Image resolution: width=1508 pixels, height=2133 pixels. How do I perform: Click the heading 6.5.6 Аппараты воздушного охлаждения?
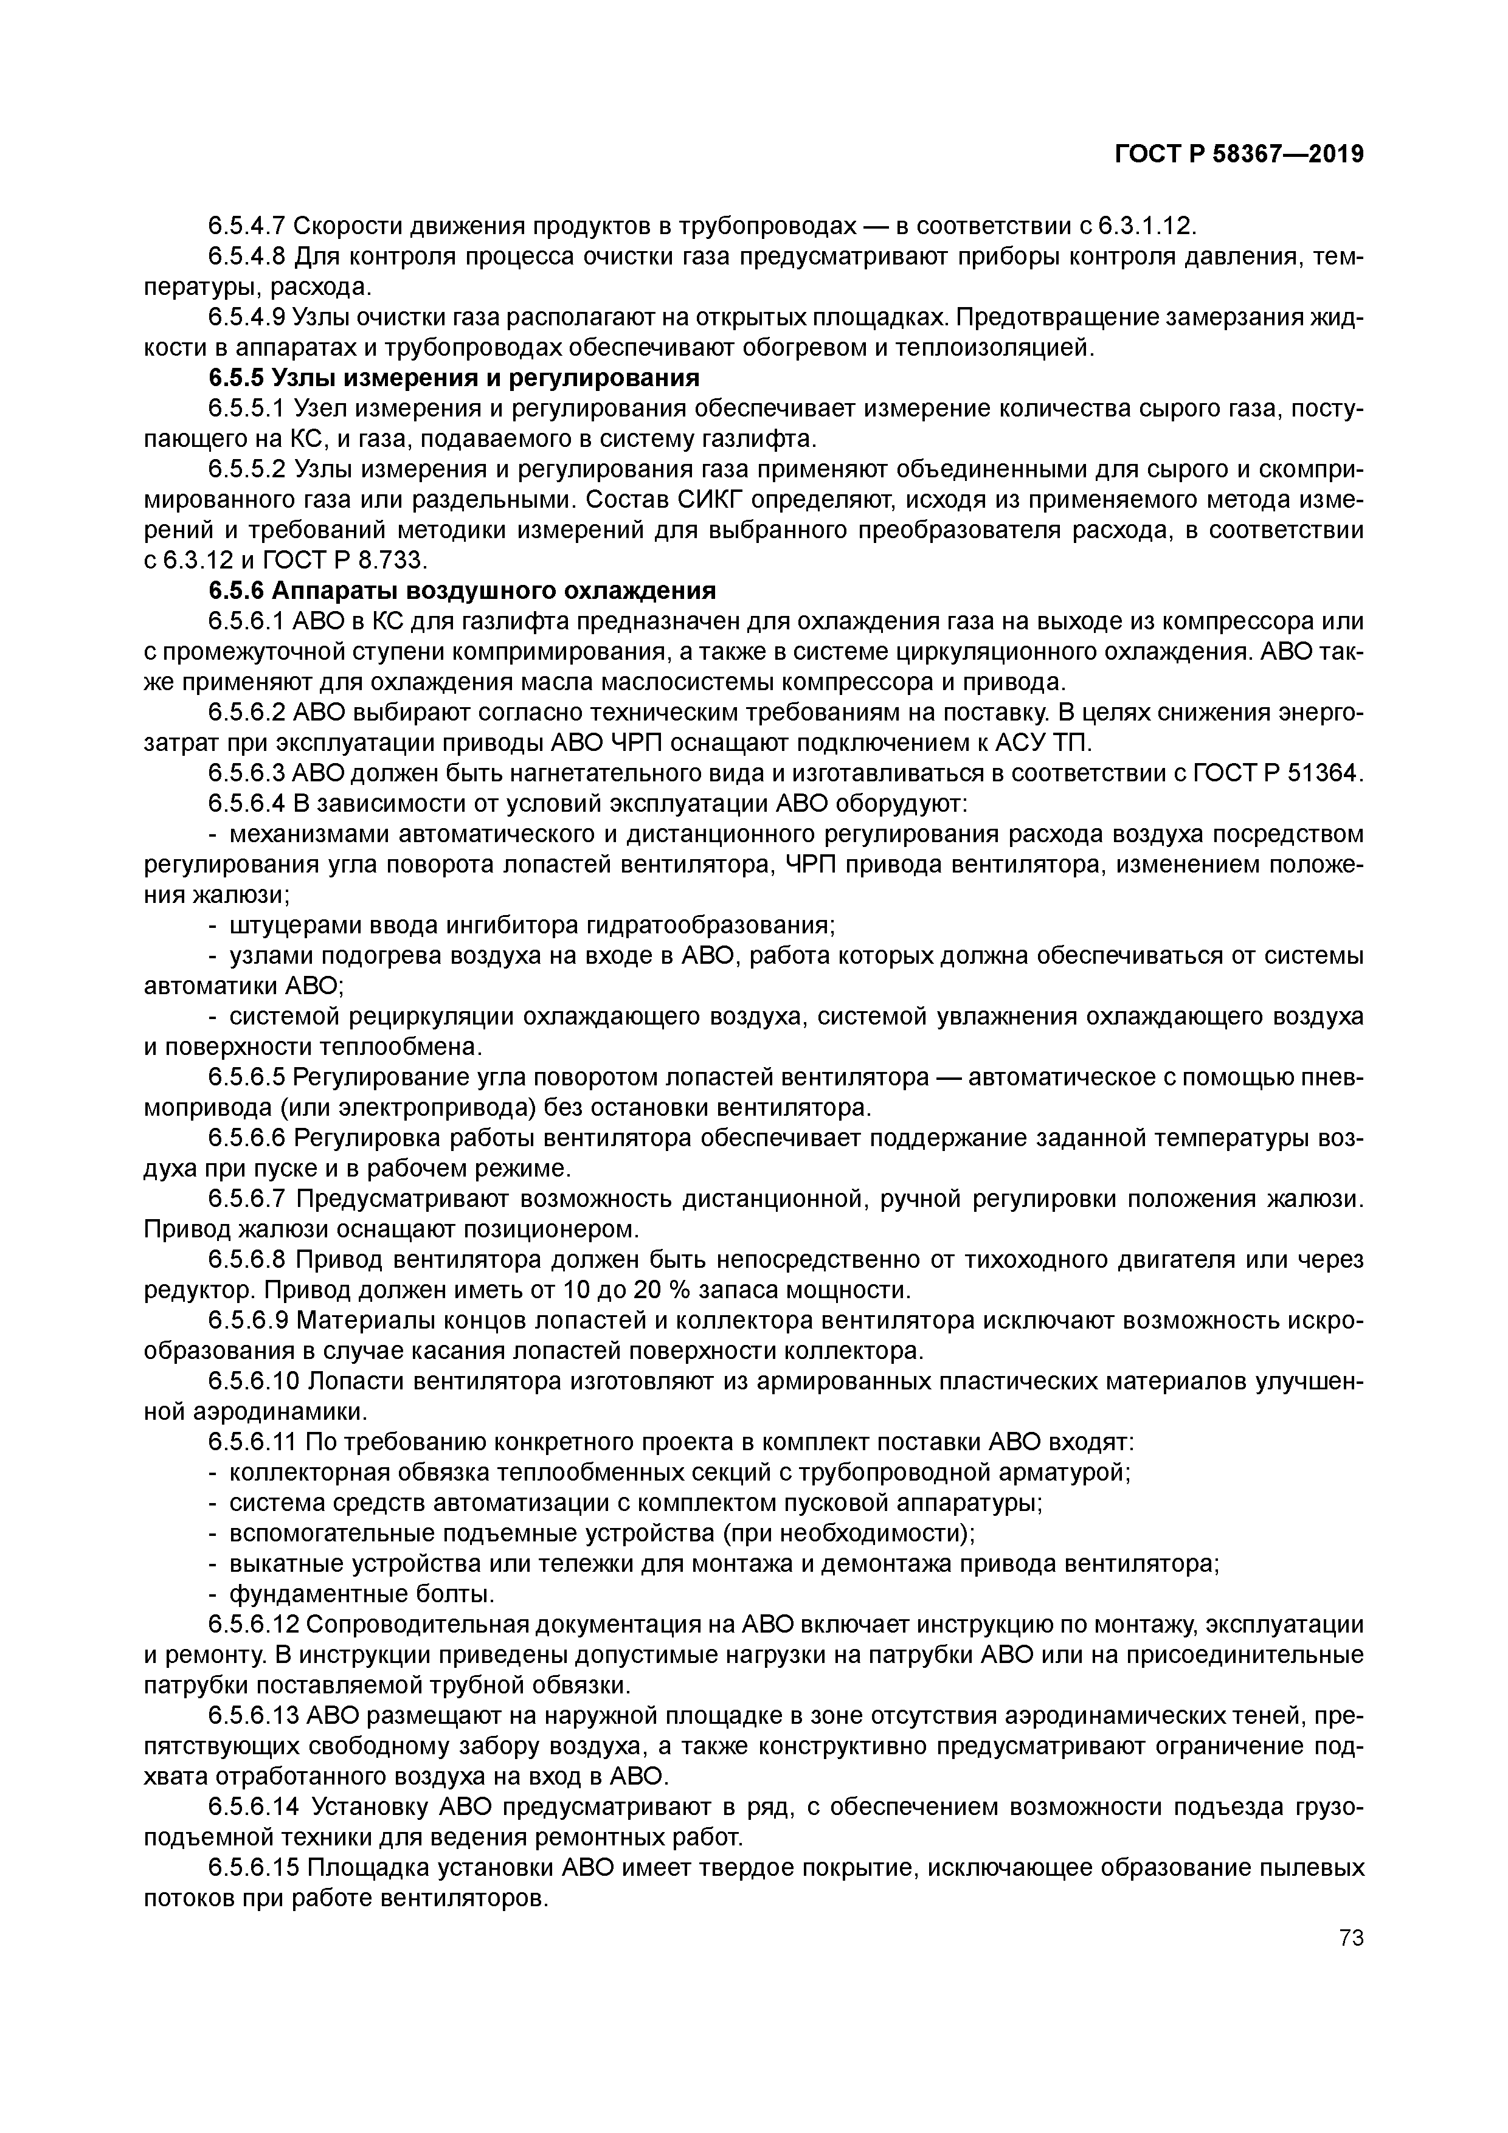pyautogui.click(x=461, y=591)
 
